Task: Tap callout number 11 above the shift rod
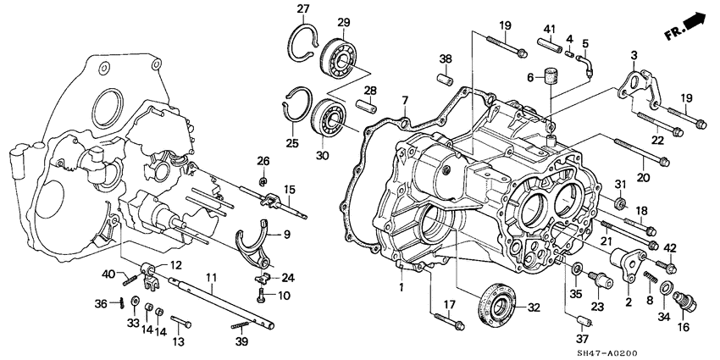coord(211,278)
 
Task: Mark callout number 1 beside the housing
coord(403,287)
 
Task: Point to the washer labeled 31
coord(619,203)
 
